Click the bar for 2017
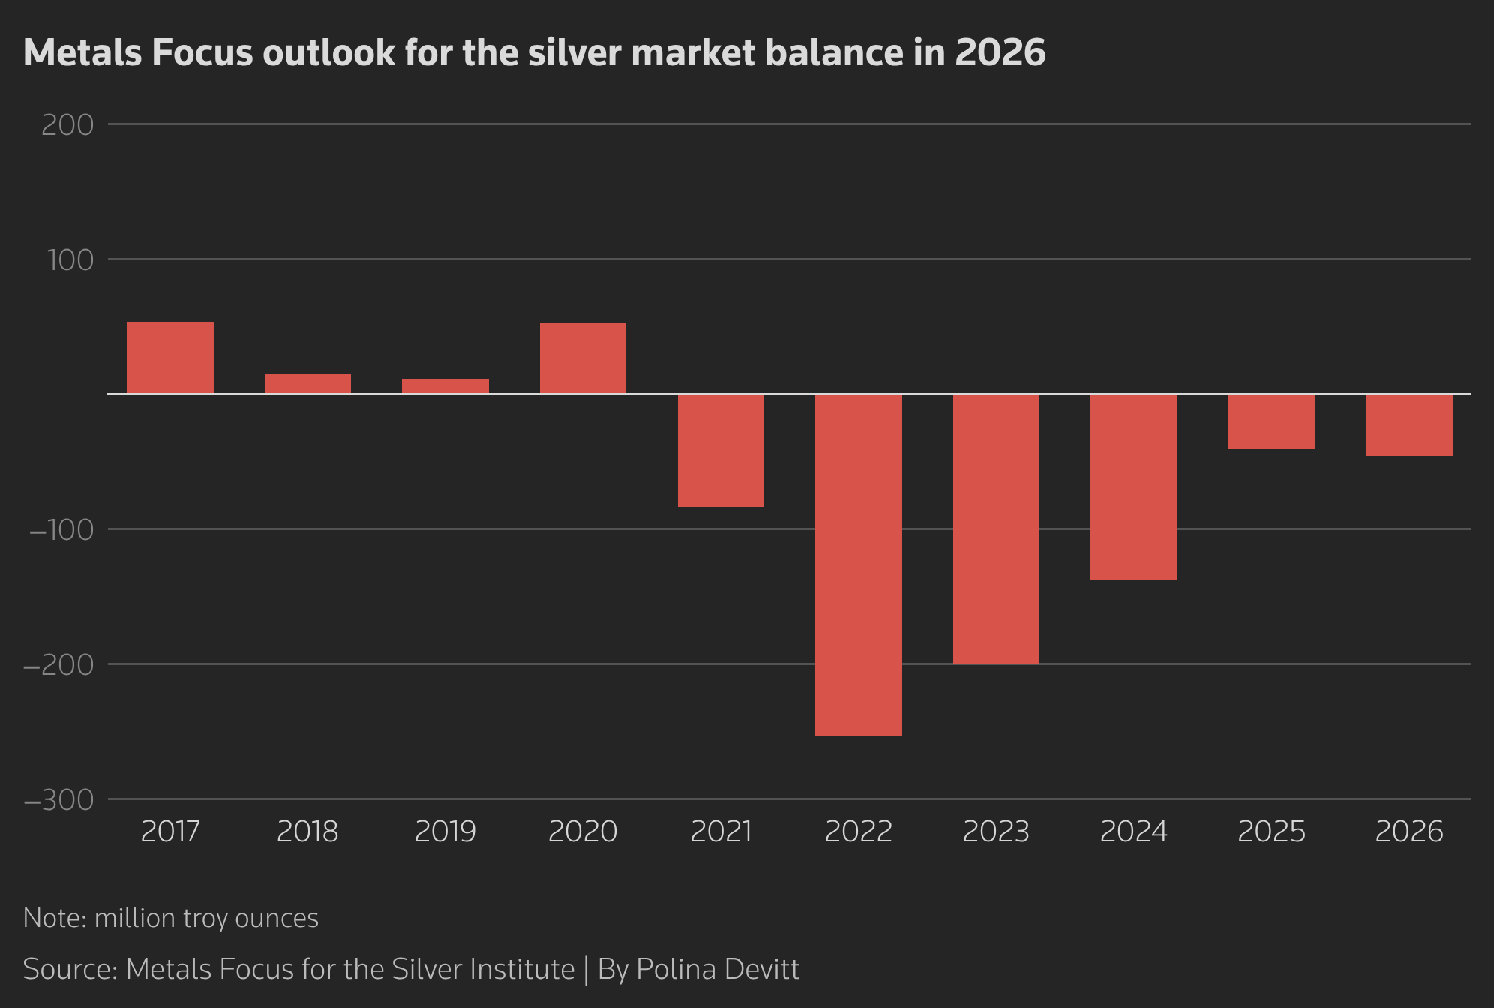[170, 358]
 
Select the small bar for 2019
[445, 386]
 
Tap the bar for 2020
[583, 358]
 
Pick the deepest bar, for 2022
[859, 565]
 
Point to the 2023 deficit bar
[996, 529]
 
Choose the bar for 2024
[1134, 487]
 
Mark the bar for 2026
[1409, 425]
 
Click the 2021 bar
[721, 451]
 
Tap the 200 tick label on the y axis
[67, 125]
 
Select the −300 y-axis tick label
[59, 800]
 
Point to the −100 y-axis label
[61, 530]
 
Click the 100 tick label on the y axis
[70, 260]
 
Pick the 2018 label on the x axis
[307, 832]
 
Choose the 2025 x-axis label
[1271, 832]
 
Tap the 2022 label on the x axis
[859, 832]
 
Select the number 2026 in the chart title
[1000, 53]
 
